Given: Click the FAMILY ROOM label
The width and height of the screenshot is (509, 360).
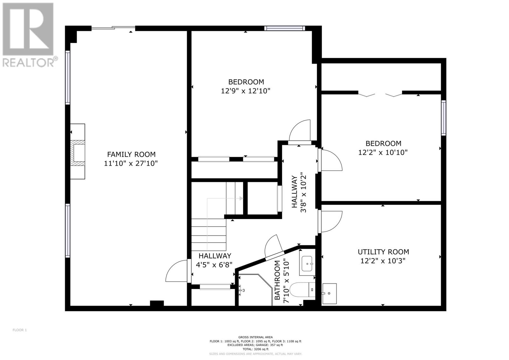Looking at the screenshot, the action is click(x=131, y=154).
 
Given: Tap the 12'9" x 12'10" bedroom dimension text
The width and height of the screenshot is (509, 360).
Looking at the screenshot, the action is click(x=246, y=91).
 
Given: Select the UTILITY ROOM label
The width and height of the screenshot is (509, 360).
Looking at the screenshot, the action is click(x=383, y=252).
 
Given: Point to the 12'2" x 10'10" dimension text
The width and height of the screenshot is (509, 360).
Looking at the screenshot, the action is click(x=383, y=152).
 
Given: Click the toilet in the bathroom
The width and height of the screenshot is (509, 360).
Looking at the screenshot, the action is click(x=303, y=290).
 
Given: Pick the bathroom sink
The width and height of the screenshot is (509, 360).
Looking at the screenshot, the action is click(x=307, y=264).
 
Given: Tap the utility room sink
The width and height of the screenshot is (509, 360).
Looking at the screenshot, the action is click(x=329, y=293).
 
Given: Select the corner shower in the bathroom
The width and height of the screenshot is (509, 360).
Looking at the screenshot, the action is click(x=255, y=290).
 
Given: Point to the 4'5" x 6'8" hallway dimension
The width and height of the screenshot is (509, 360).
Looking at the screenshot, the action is click(x=214, y=265).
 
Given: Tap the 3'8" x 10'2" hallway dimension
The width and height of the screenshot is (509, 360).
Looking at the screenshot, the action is click(x=303, y=194).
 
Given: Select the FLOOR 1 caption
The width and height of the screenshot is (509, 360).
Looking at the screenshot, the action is click(x=20, y=330).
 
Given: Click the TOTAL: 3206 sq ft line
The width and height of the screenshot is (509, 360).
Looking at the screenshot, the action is click(x=255, y=355).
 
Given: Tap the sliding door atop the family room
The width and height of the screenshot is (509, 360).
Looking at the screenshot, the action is click(x=113, y=28).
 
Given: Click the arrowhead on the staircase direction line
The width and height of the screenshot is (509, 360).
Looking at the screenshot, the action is click(x=241, y=198).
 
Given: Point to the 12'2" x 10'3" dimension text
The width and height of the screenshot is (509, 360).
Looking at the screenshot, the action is click(x=383, y=261).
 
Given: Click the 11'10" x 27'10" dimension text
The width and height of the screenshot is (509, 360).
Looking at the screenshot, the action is click(x=131, y=163).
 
